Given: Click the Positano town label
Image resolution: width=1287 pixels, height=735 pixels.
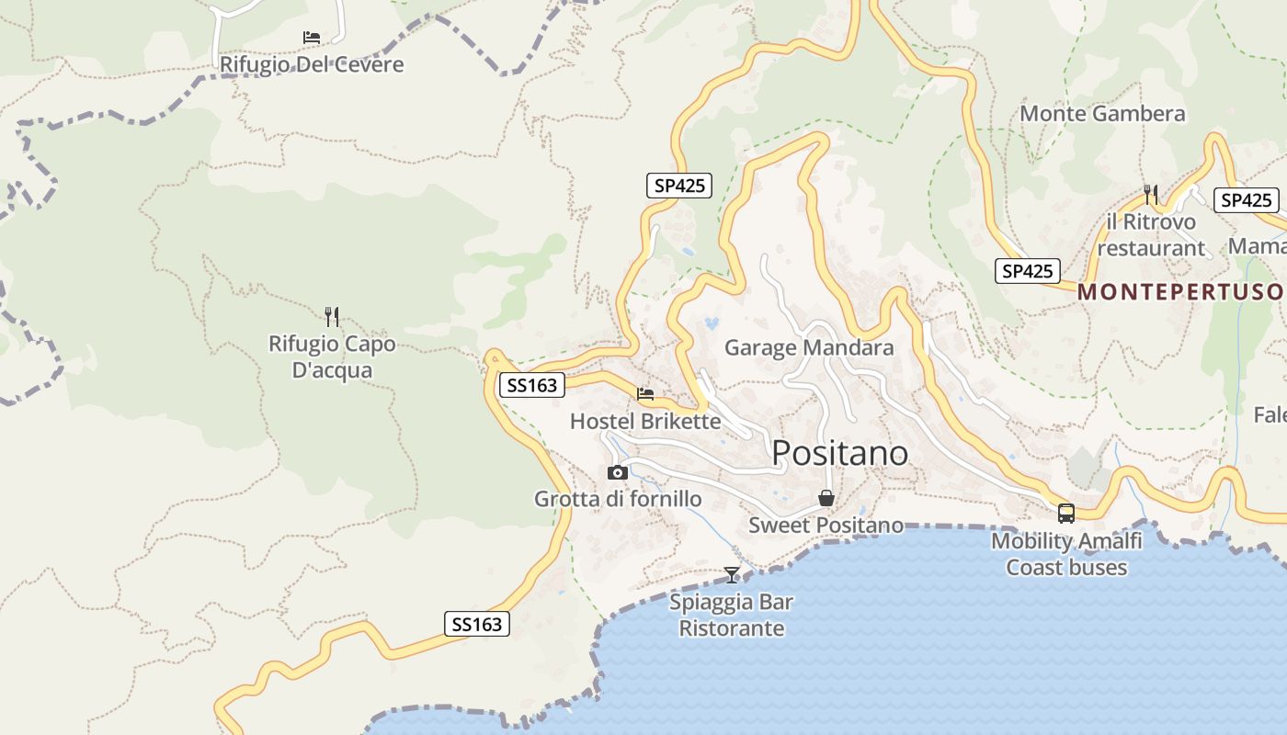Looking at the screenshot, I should [840, 453].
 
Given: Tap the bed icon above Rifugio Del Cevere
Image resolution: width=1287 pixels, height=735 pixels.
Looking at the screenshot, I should [312, 38].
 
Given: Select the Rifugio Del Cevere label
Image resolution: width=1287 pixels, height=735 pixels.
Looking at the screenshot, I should [312, 65].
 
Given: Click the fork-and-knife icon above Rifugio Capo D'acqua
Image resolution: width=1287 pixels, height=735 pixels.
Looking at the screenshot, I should [332, 317].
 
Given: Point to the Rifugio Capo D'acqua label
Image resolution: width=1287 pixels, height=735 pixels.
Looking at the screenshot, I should [332, 357].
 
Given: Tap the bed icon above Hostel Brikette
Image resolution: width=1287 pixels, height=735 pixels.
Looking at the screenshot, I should [645, 394].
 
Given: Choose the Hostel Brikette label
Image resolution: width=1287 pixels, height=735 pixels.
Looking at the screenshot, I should [645, 422].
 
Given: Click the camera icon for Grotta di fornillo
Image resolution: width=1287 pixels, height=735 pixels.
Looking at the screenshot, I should [618, 473].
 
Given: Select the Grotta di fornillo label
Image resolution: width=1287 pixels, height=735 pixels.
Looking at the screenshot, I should [618, 500].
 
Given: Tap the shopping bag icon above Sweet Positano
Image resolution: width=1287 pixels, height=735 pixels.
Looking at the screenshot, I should [826, 498].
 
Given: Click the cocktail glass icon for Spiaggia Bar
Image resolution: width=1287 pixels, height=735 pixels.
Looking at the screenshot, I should [732, 575].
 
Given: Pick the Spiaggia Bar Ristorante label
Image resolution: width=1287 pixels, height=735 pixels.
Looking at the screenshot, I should [732, 616].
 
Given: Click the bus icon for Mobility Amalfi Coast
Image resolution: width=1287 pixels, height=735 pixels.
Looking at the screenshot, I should [1066, 514].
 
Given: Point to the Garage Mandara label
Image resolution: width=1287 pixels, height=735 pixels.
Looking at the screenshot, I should [809, 347].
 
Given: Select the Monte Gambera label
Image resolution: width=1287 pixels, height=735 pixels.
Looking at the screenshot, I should [1102, 114].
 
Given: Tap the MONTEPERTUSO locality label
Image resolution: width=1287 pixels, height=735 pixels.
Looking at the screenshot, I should [1180, 292].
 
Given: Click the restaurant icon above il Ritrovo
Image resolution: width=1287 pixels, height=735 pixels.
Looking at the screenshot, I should [1151, 194].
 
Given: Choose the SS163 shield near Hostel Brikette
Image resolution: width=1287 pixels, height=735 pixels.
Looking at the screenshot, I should [532, 385].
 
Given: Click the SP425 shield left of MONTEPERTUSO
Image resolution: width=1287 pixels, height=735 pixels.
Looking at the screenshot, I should [1027, 271].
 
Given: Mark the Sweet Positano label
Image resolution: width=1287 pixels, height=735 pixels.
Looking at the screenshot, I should [826, 526].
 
